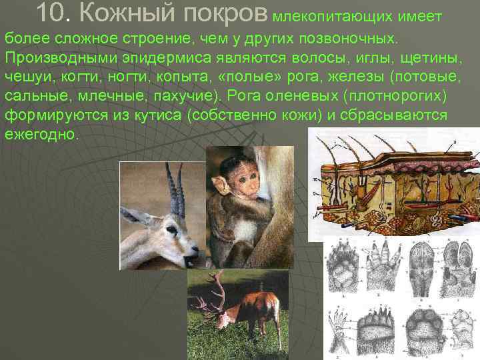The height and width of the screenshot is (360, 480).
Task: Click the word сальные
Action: click(x=35, y=95)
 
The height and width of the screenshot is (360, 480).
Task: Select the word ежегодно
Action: click(x=41, y=133)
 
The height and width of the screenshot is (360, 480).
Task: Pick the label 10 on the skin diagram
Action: click(x=315, y=180)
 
